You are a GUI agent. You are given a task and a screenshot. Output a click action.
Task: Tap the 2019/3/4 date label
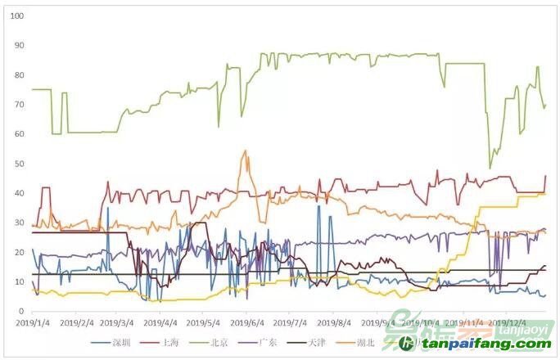[120, 323]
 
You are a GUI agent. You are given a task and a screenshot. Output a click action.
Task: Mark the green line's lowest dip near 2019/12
[490, 168]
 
